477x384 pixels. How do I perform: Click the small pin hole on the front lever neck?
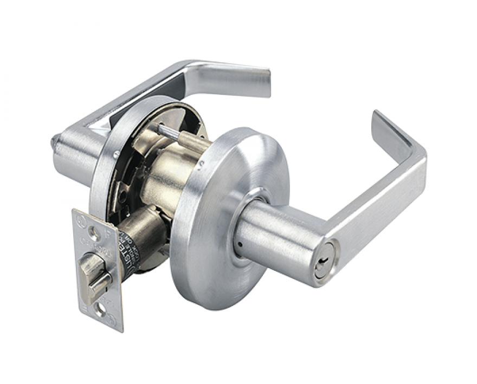coord(239,245)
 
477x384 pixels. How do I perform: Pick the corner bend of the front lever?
coord(417,162)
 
